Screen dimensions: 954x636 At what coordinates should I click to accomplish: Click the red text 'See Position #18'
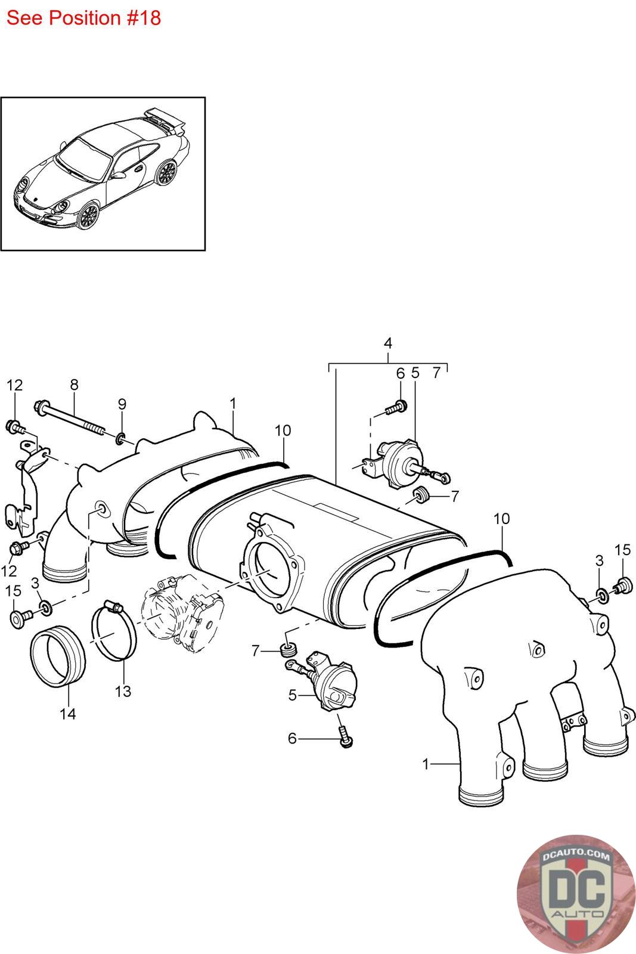(83, 18)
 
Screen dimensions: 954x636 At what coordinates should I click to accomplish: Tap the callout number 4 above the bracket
(388, 343)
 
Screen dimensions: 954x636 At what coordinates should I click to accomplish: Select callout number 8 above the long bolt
(74, 385)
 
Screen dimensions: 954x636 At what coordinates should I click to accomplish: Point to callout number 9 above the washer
(122, 404)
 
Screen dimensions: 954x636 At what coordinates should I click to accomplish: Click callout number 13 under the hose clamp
(123, 692)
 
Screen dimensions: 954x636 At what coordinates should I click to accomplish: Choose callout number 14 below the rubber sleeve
(68, 714)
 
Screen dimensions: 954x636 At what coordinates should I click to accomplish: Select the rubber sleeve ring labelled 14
(58, 656)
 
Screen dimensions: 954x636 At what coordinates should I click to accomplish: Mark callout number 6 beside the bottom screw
(292, 738)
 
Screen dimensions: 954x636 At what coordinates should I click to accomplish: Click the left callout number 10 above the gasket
(283, 430)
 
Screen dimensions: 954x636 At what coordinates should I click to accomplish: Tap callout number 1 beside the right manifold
(426, 764)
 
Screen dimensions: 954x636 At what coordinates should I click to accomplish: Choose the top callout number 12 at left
(14, 385)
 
